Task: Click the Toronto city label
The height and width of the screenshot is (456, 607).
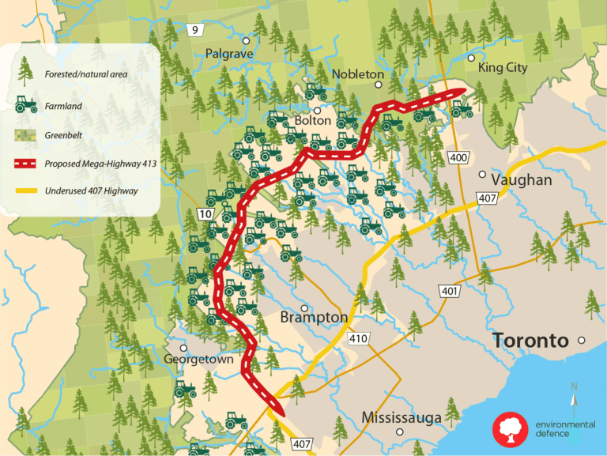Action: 530,341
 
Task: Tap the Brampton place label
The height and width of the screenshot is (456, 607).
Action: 313,317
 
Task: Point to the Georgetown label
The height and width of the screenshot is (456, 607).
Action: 198,359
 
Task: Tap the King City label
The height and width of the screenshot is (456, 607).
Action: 502,69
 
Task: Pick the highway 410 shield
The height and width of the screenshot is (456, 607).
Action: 357,339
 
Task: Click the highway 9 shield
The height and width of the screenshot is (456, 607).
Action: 194,30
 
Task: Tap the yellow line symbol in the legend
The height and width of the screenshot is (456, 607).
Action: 26,190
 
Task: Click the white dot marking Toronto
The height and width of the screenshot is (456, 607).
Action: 581,341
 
